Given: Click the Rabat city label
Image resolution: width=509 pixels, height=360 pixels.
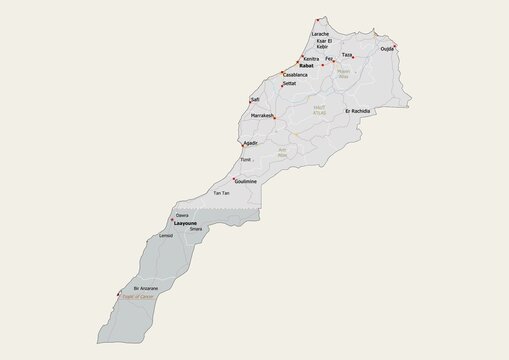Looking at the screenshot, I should (306, 66).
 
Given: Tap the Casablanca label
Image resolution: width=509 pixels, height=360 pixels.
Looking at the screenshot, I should (295, 75).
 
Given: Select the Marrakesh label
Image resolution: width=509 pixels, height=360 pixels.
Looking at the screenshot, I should (262, 116).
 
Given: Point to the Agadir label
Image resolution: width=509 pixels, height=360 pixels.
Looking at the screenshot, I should (251, 143).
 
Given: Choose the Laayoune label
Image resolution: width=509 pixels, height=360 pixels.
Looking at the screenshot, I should (185, 223).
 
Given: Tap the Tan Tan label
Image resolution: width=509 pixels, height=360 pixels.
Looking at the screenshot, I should (221, 193).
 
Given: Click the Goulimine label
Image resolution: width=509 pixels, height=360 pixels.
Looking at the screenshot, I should (245, 181).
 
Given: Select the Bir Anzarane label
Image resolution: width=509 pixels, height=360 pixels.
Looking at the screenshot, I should (146, 288).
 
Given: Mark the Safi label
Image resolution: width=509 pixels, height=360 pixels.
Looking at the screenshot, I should (255, 100).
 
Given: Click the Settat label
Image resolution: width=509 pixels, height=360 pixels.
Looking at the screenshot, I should (289, 84).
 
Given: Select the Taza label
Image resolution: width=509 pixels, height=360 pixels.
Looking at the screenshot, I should (346, 55).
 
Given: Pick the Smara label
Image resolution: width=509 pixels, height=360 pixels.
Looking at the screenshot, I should (195, 229).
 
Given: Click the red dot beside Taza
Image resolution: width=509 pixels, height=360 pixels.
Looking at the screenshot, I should (353, 58).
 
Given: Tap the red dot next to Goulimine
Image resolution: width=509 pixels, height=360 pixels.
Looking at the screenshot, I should (234, 179).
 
